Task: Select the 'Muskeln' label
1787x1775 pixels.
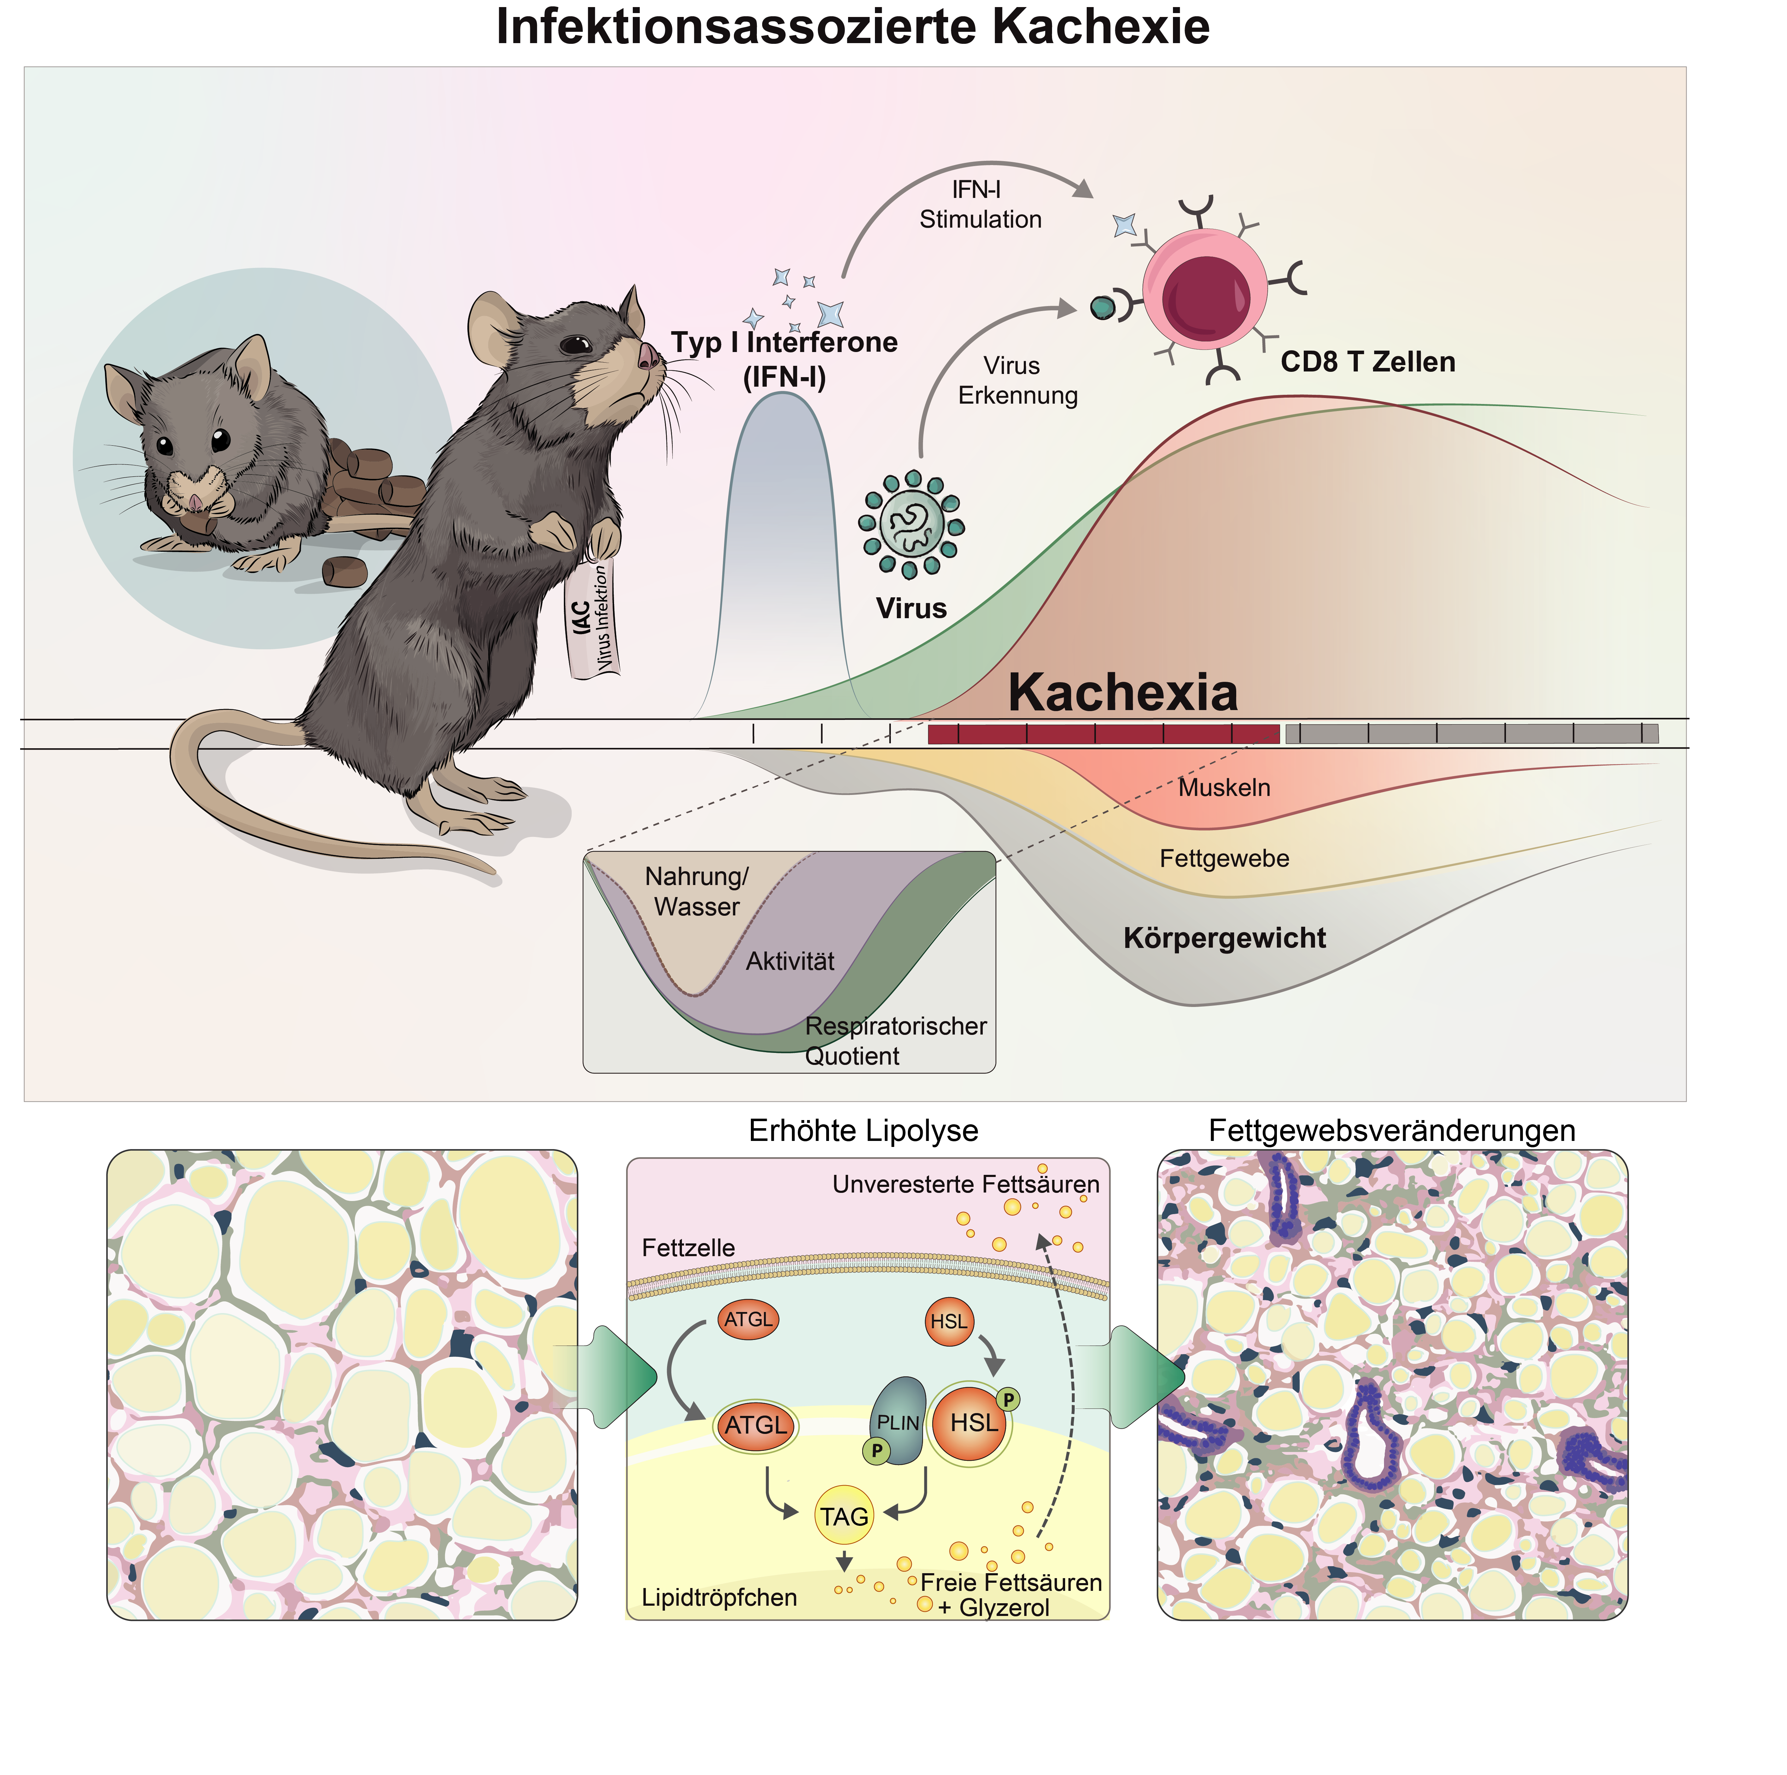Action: click(1224, 788)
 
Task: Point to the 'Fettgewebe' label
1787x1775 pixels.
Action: click(1224, 859)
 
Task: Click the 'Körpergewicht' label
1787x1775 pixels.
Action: click(1224, 938)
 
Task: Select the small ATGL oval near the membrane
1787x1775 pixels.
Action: click(747, 1320)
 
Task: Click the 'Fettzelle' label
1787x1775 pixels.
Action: click(688, 1248)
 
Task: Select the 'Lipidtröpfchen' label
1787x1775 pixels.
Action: click(719, 1598)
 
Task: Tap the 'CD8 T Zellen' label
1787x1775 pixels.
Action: click(1367, 362)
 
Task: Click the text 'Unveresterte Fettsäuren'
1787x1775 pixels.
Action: click(966, 1184)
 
